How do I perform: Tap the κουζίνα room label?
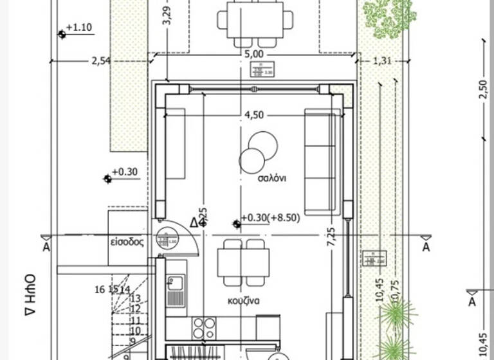tap(242, 300)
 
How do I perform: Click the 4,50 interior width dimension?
tap(253, 116)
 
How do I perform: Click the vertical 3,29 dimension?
tap(167, 16)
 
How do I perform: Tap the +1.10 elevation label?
tap(79, 28)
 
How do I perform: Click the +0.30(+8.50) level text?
tap(270, 217)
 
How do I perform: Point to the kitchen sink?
tap(175, 283)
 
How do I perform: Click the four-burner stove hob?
tap(205, 327)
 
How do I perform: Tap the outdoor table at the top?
tap(255, 16)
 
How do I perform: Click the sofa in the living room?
tap(320, 161)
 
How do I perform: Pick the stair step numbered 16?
tap(99, 289)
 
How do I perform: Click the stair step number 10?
tap(135, 330)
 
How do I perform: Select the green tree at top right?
tap(389, 16)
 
